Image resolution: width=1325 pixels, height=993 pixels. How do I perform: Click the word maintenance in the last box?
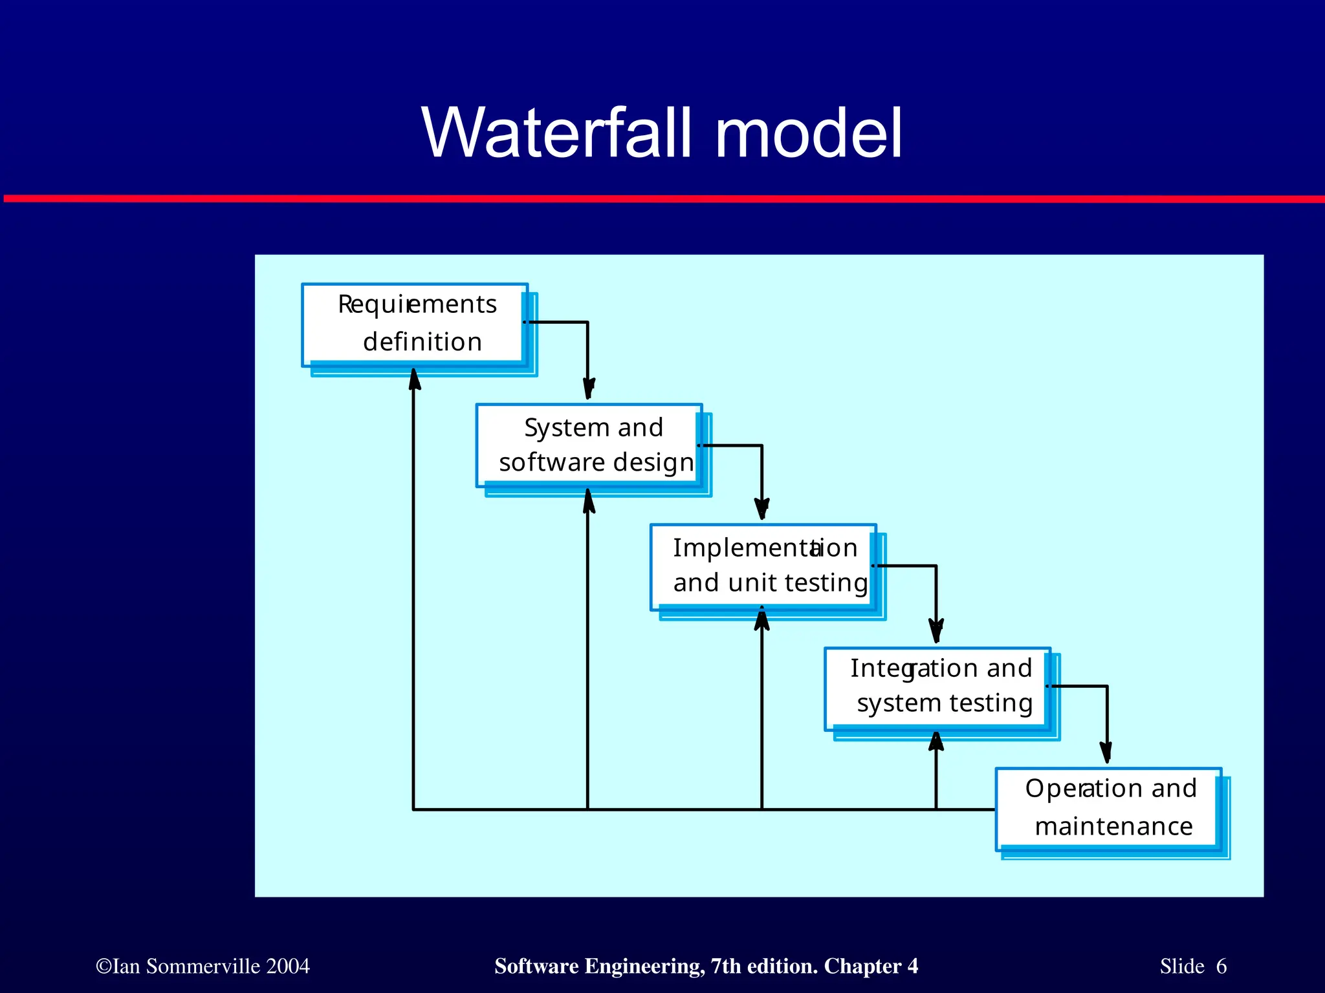coord(1113,826)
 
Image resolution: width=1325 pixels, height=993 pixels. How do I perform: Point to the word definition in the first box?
coord(422,341)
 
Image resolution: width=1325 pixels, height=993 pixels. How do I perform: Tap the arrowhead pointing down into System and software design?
coord(588,389)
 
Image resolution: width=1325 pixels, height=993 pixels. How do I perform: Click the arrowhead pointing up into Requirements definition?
coord(414,379)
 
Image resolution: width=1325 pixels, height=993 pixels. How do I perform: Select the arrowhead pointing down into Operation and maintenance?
coord(1106,753)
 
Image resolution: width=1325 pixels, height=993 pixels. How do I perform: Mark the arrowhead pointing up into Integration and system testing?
coord(936,742)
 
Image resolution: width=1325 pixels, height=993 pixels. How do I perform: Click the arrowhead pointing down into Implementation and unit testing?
coord(762,509)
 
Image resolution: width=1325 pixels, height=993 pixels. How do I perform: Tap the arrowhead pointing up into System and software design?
coord(588,501)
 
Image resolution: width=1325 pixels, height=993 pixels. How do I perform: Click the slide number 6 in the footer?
coord(1221,966)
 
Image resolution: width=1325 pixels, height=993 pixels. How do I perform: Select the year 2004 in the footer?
coord(288,966)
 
